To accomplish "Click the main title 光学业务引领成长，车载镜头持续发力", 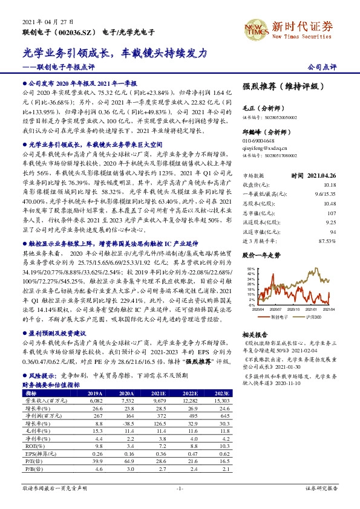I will point(115,53).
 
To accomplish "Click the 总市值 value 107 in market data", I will point(330,196).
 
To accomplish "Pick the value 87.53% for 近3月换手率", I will point(327,224).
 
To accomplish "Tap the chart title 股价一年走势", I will point(261,256).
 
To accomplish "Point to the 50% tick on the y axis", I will point(252,266).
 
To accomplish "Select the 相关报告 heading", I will point(255,334).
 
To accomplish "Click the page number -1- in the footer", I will point(179,487).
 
